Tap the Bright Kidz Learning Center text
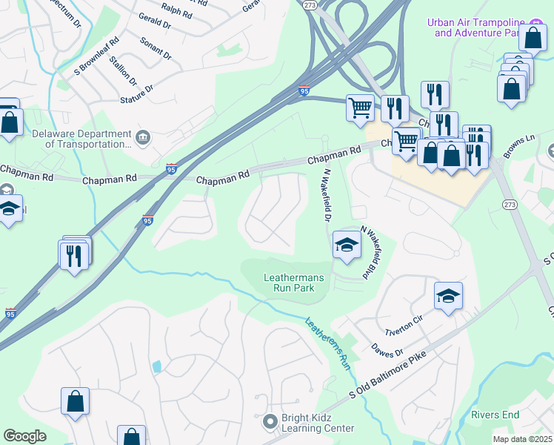pos(318,423)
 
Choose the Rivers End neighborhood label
pos(495,415)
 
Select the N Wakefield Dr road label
pos(324,194)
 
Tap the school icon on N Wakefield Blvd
pos(346,245)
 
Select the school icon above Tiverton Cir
pos(448,296)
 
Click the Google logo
pos(25,436)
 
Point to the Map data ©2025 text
pos(522,439)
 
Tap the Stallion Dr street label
pos(123,70)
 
